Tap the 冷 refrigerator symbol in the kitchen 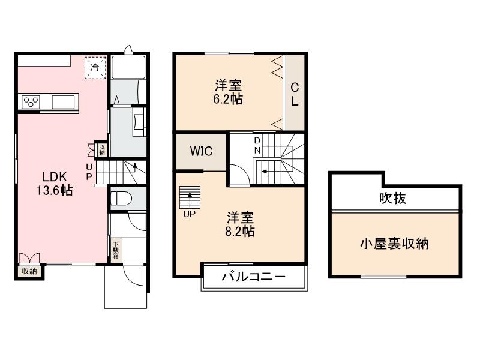coord(95,67)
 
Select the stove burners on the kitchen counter coord(31,102)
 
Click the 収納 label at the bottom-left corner coord(29,271)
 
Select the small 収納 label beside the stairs coord(102,148)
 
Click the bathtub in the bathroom coord(126,68)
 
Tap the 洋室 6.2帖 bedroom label coord(229,92)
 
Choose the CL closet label coord(295,95)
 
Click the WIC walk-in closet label coord(201,151)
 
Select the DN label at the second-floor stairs coord(257,145)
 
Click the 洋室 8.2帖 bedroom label coord(240,224)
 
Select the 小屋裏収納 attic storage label coord(394,244)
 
